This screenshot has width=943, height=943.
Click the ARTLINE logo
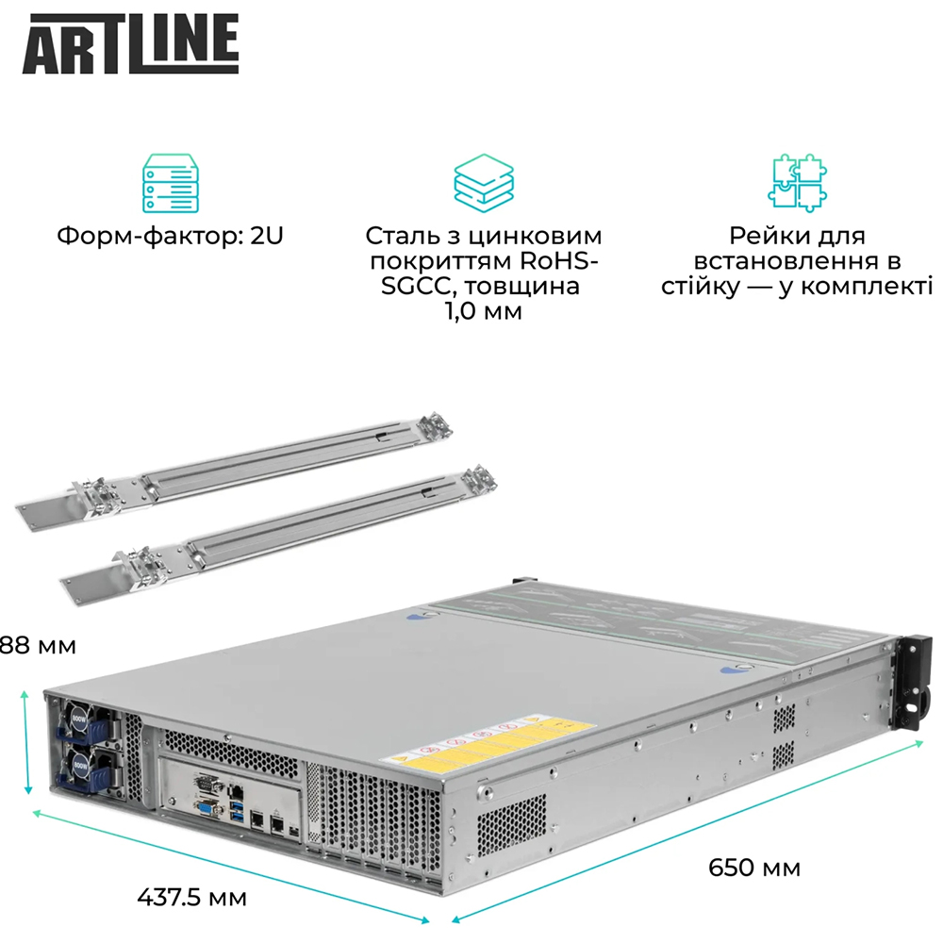click(130, 44)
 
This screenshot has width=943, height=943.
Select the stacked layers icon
click(483, 181)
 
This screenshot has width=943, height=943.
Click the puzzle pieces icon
click(796, 182)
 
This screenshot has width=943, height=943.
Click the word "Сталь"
click(402, 236)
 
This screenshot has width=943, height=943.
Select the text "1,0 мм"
click(483, 310)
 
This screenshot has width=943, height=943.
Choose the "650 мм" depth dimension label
click(753, 867)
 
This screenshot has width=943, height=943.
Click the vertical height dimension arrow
click(27, 741)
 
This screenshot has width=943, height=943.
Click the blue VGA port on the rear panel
click(203, 804)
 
